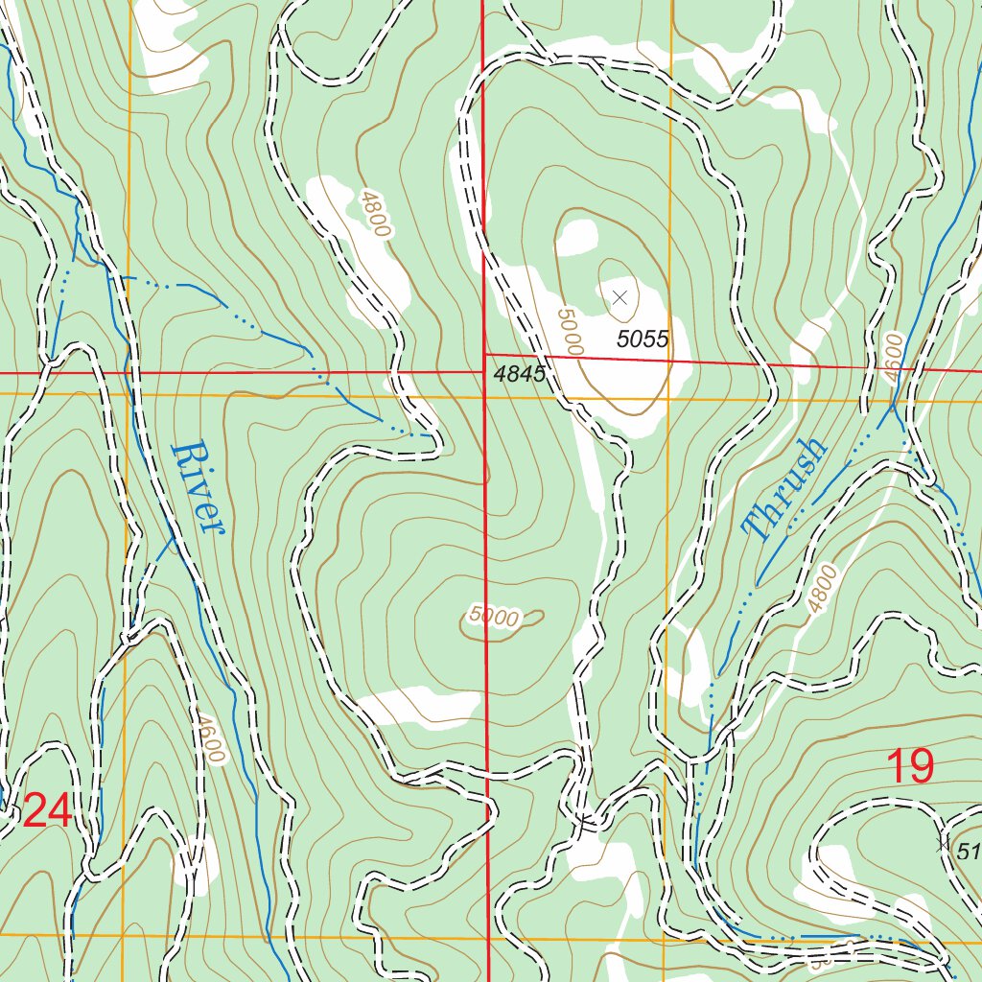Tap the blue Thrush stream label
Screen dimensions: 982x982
[x=783, y=489]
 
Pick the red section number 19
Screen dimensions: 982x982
[x=909, y=767]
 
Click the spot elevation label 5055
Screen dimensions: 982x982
[x=642, y=338]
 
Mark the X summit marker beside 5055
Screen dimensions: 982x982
[x=620, y=297]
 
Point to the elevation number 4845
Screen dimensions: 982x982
[x=520, y=374]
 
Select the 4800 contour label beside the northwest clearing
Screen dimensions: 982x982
[x=375, y=214]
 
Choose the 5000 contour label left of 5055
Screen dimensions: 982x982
[x=569, y=331]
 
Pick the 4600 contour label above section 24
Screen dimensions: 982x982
[x=207, y=736]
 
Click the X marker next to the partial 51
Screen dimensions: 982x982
[x=942, y=845]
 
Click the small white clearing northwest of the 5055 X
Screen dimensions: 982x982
[x=578, y=237]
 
